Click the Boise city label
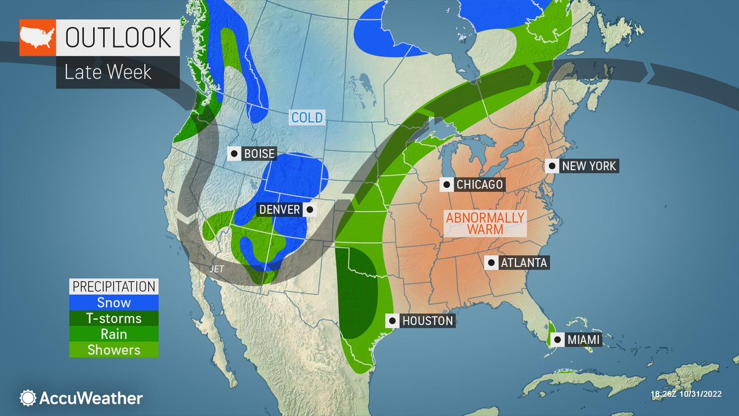(x=259, y=154)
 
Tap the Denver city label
(x=279, y=210)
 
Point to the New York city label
(x=589, y=166)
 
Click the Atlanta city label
(x=523, y=263)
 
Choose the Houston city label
(x=427, y=320)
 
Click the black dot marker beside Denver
(x=309, y=210)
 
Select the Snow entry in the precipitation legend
(x=113, y=303)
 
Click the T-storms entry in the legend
(x=113, y=319)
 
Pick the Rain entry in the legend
(x=113, y=334)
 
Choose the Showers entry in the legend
(x=113, y=350)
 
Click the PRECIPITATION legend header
(x=113, y=287)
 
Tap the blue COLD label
(x=307, y=117)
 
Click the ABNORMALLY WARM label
(x=485, y=223)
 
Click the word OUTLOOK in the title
(x=118, y=38)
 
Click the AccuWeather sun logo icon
(x=28, y=398)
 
